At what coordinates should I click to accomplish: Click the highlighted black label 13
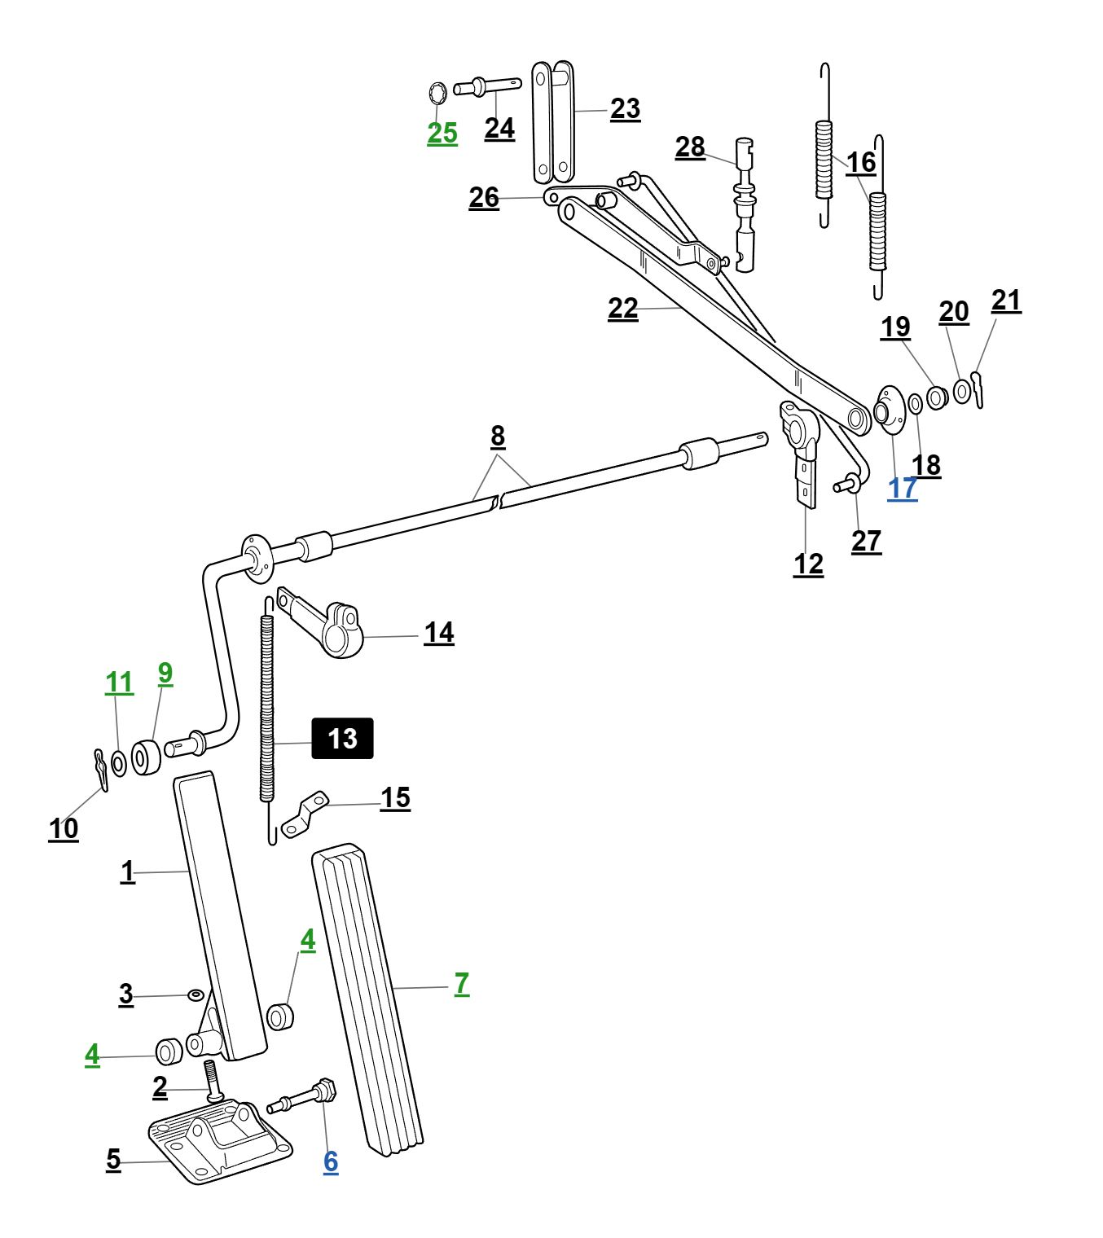click(342, 739)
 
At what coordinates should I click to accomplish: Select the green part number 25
click(442, 133)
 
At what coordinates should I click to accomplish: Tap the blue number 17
click(902, 488)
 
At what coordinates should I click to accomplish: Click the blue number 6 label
click(331, 1161)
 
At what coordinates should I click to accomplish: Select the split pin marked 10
click(100, 770)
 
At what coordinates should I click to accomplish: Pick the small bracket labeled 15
click(305, 814)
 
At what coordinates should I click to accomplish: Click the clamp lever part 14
click(334, 627)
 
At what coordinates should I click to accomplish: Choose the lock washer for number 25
click(437, 94)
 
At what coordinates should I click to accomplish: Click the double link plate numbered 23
click(552, 122)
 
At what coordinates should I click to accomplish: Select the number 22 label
click(622, 309)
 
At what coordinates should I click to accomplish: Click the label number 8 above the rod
click(498, 437)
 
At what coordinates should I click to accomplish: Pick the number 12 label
click(808, 564)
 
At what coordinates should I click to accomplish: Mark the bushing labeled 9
click(146, 757)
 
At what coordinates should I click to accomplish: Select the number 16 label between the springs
click(860, 163)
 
